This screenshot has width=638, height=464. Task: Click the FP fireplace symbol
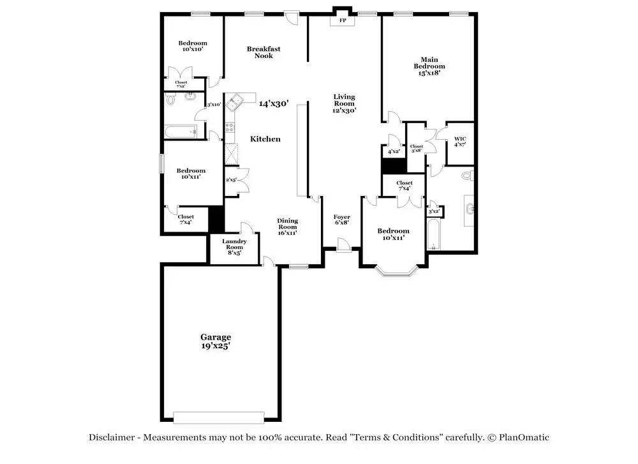[x=343, y=20]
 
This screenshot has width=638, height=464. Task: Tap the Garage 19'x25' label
[x=216, y=341]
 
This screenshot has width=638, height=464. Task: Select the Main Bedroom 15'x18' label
[x=429, y=66]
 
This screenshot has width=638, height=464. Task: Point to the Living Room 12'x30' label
[x=344, y=103]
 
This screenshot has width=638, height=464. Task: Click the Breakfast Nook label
[x=263, y=52]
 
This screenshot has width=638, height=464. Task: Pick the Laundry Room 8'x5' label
[x=234, y=247]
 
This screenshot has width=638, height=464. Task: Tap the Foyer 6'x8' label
[x=342, y=220]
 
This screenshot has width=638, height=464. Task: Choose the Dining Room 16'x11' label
[x=287, y=227]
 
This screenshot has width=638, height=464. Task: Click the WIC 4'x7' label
[x=460, y=141]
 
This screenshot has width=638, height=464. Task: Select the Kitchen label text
[x=265, y=139]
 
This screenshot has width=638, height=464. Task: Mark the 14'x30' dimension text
[x=274, y=103]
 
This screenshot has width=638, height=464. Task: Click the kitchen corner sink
[x=237, y=100]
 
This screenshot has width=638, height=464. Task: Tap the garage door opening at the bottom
[x=219, y=417]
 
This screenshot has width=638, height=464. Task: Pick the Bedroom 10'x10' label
[x=192, y=47]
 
